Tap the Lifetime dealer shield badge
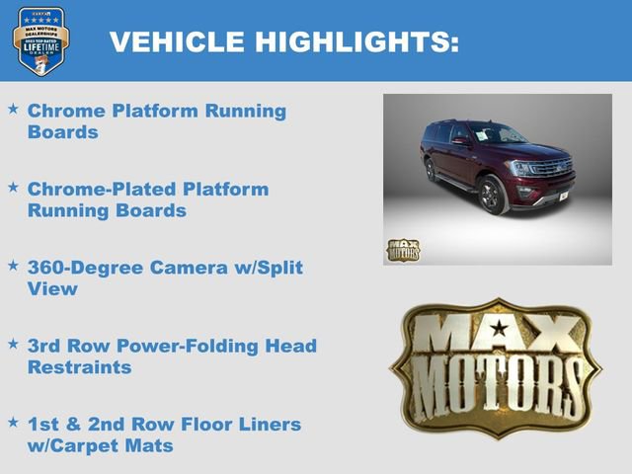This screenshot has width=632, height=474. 40,40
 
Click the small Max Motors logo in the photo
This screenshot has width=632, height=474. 402,249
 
